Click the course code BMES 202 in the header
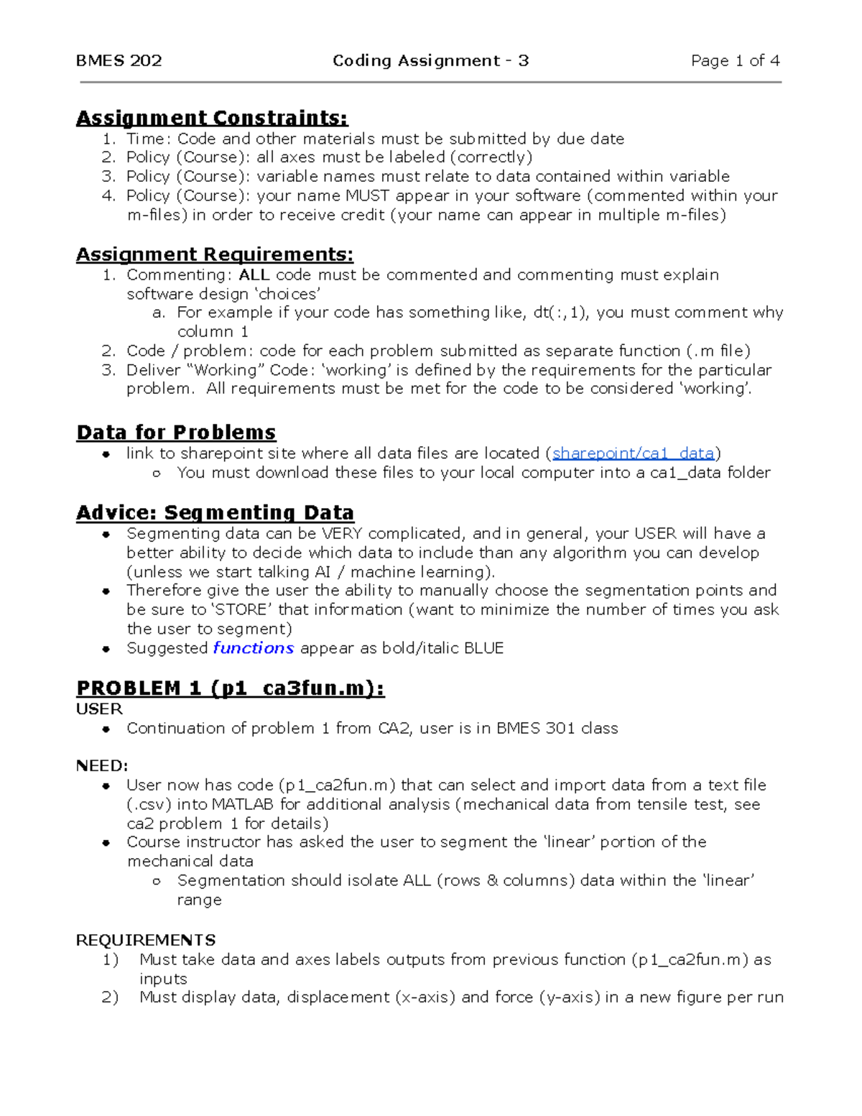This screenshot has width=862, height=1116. click(119, 61)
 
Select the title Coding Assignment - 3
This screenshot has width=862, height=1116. click(430, 61)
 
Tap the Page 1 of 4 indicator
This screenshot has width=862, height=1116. click(735, 61)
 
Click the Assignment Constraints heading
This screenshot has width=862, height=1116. click(212, 118)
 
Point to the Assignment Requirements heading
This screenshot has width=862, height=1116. click(215, 254)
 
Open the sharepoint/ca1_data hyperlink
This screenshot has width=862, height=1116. click(633, 453)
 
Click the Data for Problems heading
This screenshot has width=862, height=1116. click(176, 433)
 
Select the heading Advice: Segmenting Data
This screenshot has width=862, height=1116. click(215, 512)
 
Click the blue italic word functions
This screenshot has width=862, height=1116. click(253, 648)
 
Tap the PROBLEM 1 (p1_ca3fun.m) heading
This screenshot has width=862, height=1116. click(230, 688)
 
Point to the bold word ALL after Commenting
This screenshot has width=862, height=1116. click(254, 275)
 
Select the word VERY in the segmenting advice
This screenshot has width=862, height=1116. click(342, 534)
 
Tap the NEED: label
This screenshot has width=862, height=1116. click(102, 766)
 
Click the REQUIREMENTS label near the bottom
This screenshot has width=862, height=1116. click(146, 941)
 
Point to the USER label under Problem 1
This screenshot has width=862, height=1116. click(99, 709)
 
